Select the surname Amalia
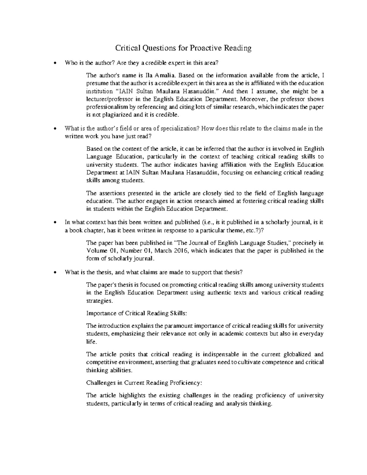(165, 75)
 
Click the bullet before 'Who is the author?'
(55, 63)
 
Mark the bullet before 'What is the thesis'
(55, 273)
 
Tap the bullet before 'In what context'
(55, 222)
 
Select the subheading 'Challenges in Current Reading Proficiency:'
(144, 383)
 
